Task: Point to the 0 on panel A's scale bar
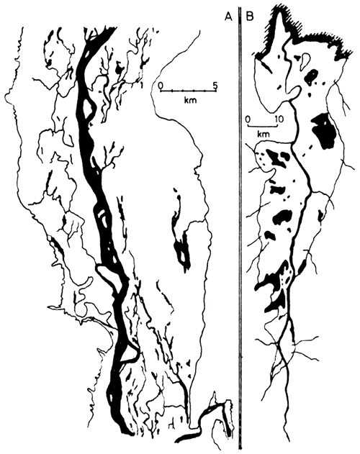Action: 161,85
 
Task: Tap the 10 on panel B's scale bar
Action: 279,116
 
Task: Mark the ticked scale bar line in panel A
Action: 187,92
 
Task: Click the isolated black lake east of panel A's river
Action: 181,248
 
